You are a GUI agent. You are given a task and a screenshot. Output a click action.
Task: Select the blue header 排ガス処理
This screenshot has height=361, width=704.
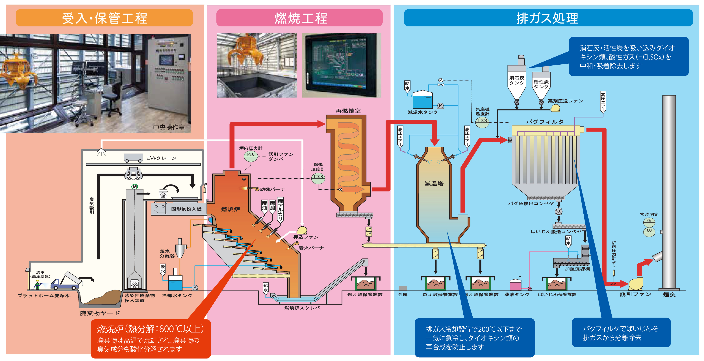548,18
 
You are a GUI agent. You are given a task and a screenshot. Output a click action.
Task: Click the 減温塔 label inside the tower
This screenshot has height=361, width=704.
434,183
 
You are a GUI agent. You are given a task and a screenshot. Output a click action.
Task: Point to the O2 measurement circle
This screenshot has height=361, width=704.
649,221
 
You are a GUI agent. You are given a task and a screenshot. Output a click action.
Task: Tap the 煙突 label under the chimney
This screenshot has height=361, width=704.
669,295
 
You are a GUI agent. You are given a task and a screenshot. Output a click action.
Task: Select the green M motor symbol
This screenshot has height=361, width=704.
134,187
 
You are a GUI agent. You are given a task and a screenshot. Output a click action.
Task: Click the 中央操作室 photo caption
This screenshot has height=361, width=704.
169,127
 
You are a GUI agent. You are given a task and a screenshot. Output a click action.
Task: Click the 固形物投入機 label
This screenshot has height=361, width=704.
186,209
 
